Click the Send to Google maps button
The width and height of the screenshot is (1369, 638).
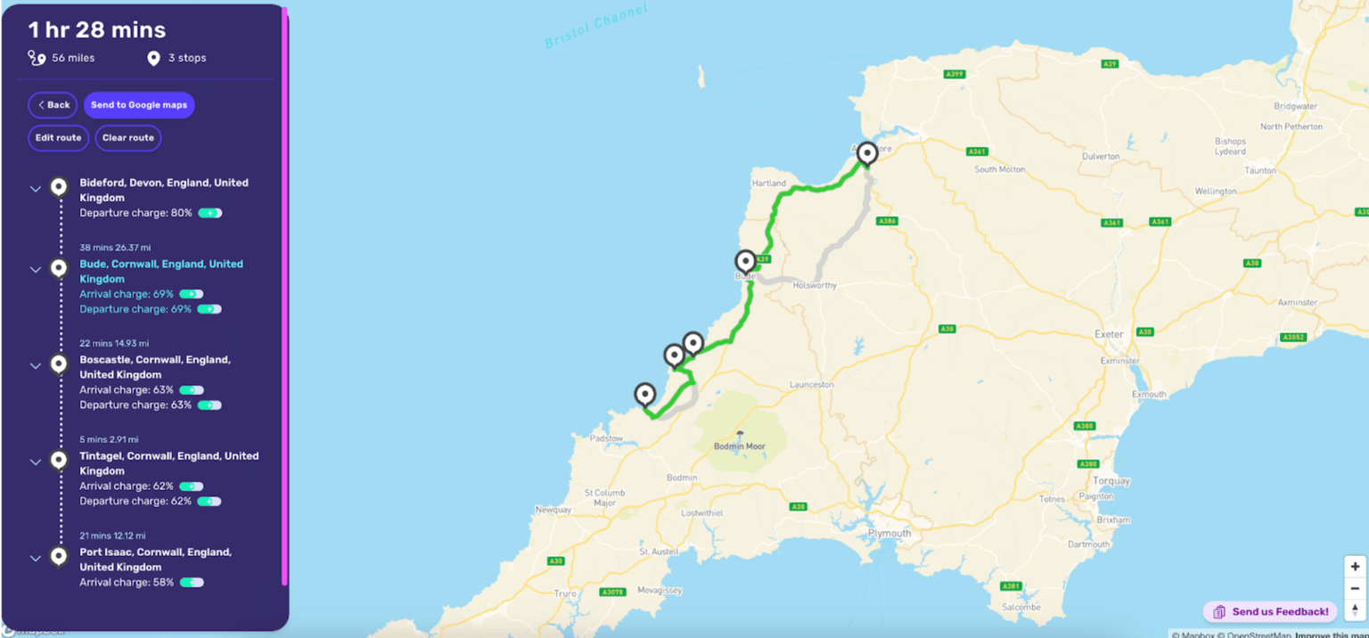pyautogui.click(x=139, y=105)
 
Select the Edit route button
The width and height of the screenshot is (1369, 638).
pyautogui.click(x=58, y=138)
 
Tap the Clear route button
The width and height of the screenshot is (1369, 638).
pyautogui.click(x=127, y=138)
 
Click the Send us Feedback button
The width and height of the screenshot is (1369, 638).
pyautogui.click(x=1270, y=612)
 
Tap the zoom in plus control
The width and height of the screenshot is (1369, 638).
pyautogui.click(x=1355, y=567)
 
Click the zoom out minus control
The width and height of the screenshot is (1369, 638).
pyautogui.click(x=1355, y=588)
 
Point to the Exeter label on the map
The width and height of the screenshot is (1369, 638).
pyautogui.click(x=1109, y=334)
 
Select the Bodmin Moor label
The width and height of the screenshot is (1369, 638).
pyautogui.click(x=739, y=446)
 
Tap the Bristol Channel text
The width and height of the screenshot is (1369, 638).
pyautogui.click(x=596, y=27)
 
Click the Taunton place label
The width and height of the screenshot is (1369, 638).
pyautogui.click(x=1260, y=170)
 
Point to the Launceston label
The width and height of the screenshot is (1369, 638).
pyautogui.click(x=811, y=385)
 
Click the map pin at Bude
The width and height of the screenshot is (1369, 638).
pyautogui.click(x=745, y=261)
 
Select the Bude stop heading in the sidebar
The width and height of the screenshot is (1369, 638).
pyautogui.click(x=160, y=271)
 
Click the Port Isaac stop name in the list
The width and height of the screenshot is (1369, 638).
pyautogui.click(x=155, y=559)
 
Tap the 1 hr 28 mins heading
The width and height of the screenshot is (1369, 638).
pyautogui.click(x=96, y=30)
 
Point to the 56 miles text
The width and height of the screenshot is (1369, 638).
pyautogui.click(x=72, y=58)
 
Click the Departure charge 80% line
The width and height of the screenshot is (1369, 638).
pyautogui.click(x=135, y=213)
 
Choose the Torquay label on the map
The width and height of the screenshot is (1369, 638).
pyautogui.click(x=1111, y=481)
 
